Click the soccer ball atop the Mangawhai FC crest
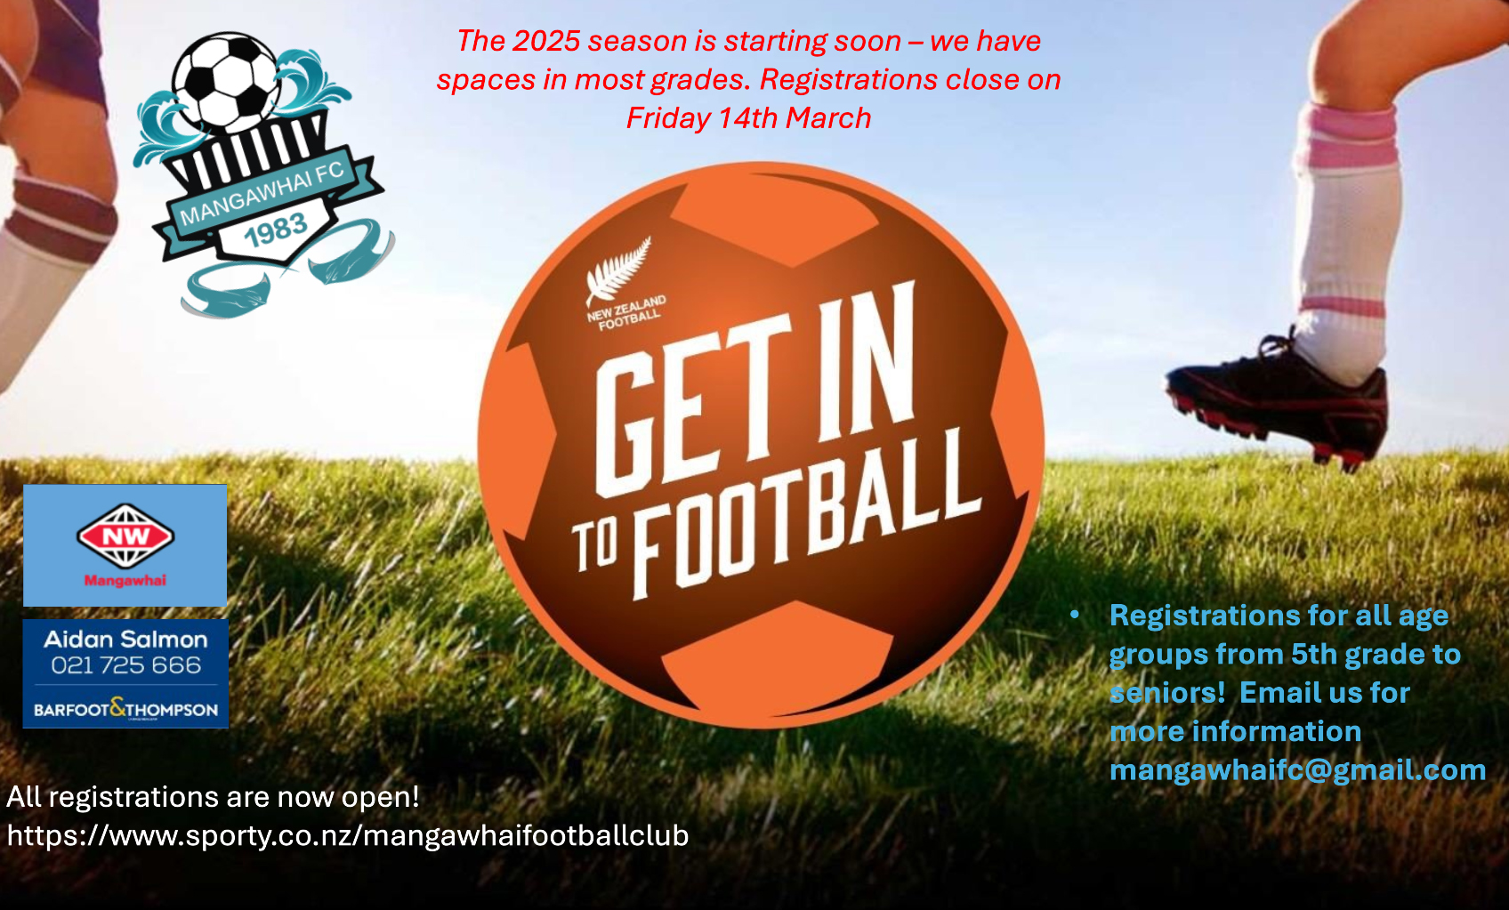point(226,82)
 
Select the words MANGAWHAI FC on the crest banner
point(262,193)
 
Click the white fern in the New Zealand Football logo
point(617,270)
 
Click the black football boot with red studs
point(1277,401)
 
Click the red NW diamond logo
point(125,536)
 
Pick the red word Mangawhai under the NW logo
point(125,581)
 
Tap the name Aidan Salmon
point(126,639)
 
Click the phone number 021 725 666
point(126,665)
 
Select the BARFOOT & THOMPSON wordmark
point(126,709)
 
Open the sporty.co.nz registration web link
point(348,836)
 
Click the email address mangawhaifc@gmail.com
point(1297,769)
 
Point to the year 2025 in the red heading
point(546,41)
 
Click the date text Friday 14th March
point(748,118)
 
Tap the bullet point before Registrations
point(1075,615)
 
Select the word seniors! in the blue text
point(1167,692)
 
